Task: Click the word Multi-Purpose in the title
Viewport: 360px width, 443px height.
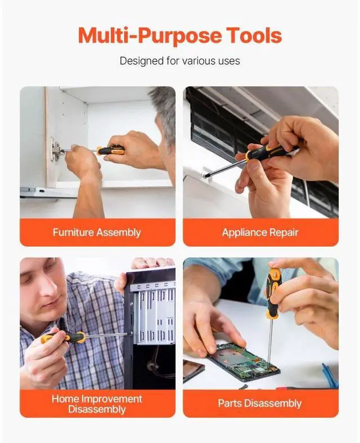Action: point(142,35)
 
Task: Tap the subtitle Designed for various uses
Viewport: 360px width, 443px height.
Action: point(179,60)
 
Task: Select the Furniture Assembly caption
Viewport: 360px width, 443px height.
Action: point(97,232)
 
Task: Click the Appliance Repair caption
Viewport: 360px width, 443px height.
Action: point(260,232)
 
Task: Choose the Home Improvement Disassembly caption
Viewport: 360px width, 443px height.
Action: point(97,404)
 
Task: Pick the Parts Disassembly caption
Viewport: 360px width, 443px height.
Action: point(260,403)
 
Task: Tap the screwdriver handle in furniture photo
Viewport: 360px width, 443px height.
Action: point(110,150)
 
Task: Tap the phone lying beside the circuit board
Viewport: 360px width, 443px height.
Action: point(193,370)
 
